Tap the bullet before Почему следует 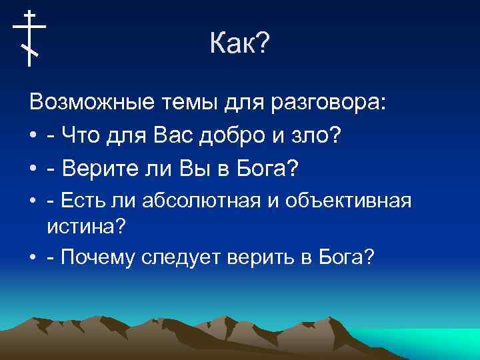pyautogui.click(x=33, y=258)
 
